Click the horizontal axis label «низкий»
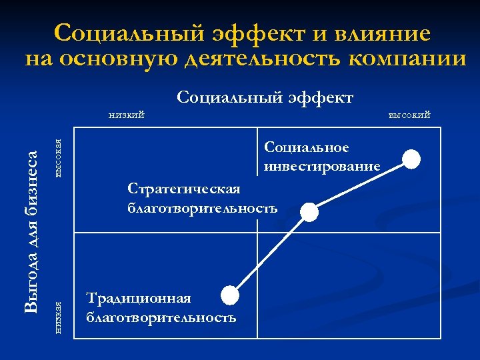(127, 115)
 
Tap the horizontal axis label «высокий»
(409, 115)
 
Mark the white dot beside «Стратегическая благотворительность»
(309, 211)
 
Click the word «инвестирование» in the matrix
(322, 165)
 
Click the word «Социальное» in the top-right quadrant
(307, 147)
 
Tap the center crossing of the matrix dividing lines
(257, 233)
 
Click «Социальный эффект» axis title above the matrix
(265, 98)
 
